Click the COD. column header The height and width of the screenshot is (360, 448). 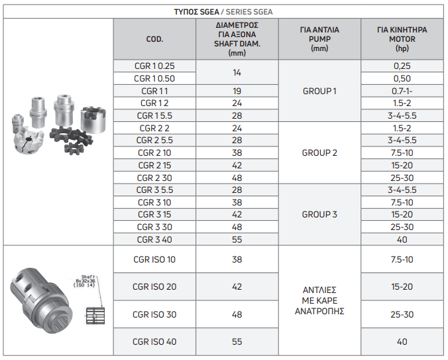point(154,39)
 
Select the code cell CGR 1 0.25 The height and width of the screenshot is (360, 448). point(154,66)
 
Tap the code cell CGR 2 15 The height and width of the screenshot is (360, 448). point(154,166)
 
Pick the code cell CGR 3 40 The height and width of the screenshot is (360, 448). point(154,240)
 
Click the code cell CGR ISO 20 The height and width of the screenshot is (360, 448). point(154,286)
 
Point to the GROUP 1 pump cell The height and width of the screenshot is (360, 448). point(319,91)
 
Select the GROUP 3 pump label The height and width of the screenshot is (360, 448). point(319,215)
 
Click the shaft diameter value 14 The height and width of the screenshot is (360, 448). point(237,72)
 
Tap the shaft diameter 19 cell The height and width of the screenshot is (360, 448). point(237,91)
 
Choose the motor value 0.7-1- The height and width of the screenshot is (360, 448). point(402,91)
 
